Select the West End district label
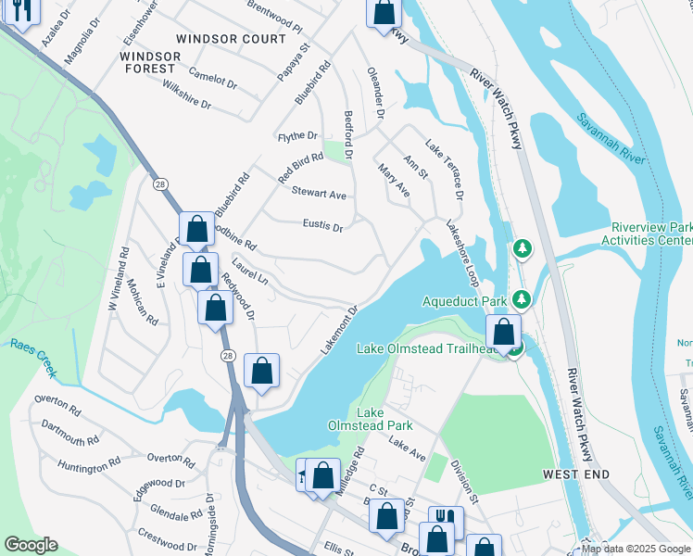(575, 474)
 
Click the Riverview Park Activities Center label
(651, 234)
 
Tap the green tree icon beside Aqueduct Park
(523, 298)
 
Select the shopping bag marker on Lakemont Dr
(262, 371)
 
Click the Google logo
(31, 545)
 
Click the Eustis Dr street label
(322, 225)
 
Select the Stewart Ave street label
(319, 194)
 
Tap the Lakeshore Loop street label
(460, 252)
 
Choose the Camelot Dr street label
(211, 80)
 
